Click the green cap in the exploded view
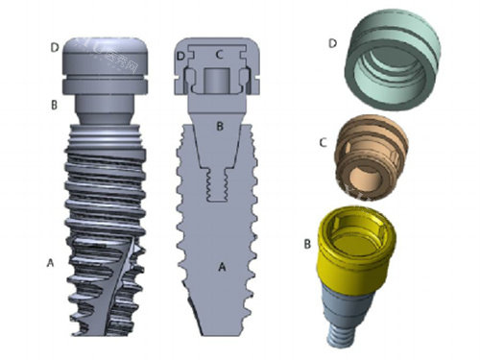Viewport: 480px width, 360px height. click(393, 60)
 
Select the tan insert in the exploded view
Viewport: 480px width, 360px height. click(372, 157)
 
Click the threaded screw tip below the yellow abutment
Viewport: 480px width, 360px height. click(340, 336)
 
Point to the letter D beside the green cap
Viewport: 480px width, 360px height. click(333, 43)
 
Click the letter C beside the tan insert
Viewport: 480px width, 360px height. click(324, 143)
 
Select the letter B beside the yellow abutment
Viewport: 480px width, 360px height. click(307, 244)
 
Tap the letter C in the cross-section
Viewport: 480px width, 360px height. click(219, 55)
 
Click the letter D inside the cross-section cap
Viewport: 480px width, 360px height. click(181, 57)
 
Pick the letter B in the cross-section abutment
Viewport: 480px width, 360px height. click(220, 126)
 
